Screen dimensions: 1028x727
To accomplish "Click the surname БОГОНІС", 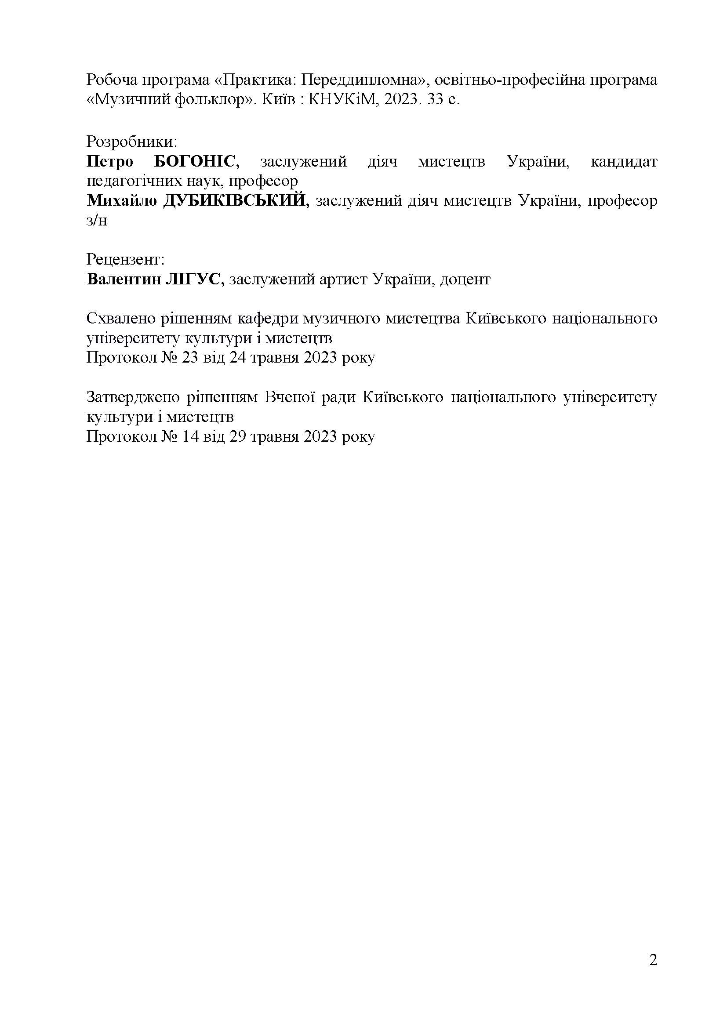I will coord(197,162).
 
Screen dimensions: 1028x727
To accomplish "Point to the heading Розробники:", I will coord(132,142).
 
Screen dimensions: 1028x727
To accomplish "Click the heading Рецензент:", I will coord(125,260).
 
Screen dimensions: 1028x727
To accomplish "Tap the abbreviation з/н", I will coord(97,221).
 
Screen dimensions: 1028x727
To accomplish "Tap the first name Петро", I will coord(110,162).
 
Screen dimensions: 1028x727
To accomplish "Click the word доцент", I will coord(465,280).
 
